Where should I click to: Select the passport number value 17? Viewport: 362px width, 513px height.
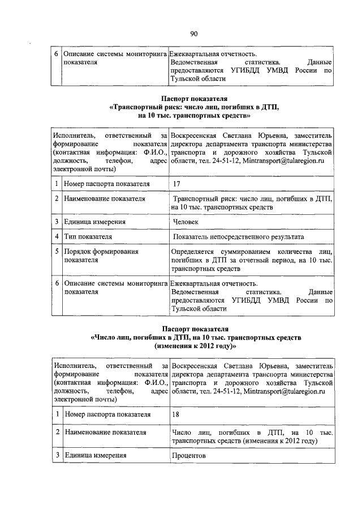[177, 184]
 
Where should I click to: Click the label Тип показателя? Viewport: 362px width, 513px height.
[88, 236]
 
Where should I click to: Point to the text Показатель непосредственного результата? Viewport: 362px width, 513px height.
[239, 236]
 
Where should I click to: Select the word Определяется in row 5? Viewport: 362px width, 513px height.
[193, 251]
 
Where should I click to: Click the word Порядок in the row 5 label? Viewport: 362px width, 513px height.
[79, 251]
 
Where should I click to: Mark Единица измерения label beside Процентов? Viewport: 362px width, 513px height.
[94, 455]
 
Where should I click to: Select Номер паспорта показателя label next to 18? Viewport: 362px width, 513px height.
[107, 414]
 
